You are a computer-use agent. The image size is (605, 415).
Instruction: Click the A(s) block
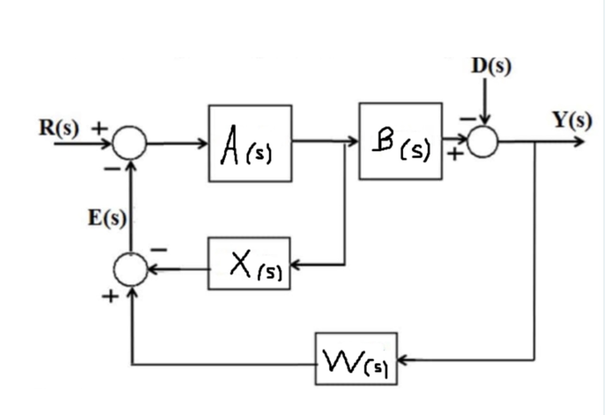click(x=250, y=143)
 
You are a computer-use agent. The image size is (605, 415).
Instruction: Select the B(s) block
click(x=400, y=141)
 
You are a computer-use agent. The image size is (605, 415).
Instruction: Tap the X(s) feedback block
click(x=249, y=263)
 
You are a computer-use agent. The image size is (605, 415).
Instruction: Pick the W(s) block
click(x=356, y=359)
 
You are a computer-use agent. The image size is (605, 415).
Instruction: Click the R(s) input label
click(x=59, y=128)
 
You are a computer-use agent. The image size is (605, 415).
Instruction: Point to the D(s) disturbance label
click(x=491, y=67)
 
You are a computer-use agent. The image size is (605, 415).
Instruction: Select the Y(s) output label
click(x=573, y=121)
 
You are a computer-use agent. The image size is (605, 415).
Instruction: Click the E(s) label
click(x=108, y=218)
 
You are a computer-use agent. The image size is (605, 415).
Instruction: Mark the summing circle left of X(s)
click(x=130, y=269)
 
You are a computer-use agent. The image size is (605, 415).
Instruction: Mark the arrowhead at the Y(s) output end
click(x=579, y=141)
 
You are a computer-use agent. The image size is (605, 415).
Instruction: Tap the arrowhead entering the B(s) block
click(x=355, y=141)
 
